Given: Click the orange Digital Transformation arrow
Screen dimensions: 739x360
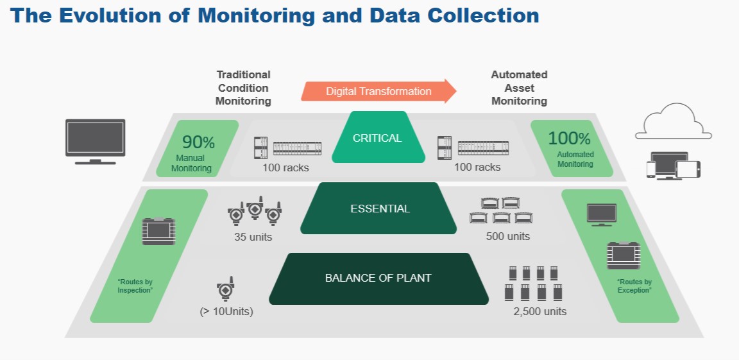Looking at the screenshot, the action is coord(378,91).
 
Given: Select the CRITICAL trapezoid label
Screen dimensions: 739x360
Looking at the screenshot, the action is coord(378,137).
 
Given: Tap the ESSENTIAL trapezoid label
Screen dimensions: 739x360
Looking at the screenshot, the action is coord(378,209).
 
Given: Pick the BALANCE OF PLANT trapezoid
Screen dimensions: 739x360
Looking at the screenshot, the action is coord(378,279).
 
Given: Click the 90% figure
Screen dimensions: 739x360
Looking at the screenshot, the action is coord(198,142).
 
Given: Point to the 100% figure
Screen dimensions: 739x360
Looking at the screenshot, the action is coord(569,138).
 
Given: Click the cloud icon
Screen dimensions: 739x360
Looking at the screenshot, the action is coord(674,121).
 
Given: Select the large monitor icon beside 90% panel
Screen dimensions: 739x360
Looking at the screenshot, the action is coord(95,141).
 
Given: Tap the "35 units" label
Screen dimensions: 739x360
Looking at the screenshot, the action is coord(253,237).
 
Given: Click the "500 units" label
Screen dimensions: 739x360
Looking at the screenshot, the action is coord(508,236).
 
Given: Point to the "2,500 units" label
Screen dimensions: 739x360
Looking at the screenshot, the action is coord(540,311).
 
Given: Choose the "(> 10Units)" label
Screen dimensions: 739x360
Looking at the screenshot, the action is coord(226,311).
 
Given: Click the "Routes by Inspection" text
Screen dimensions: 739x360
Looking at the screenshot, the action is coord(135,286).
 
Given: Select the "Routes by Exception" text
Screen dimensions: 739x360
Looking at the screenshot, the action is coord(634,286).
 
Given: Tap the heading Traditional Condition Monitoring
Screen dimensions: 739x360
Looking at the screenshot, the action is coord(243,88).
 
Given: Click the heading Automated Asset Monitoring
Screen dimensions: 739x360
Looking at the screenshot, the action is coord(520,88).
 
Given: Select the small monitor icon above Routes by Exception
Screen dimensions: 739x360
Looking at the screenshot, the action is coord(601,215).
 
